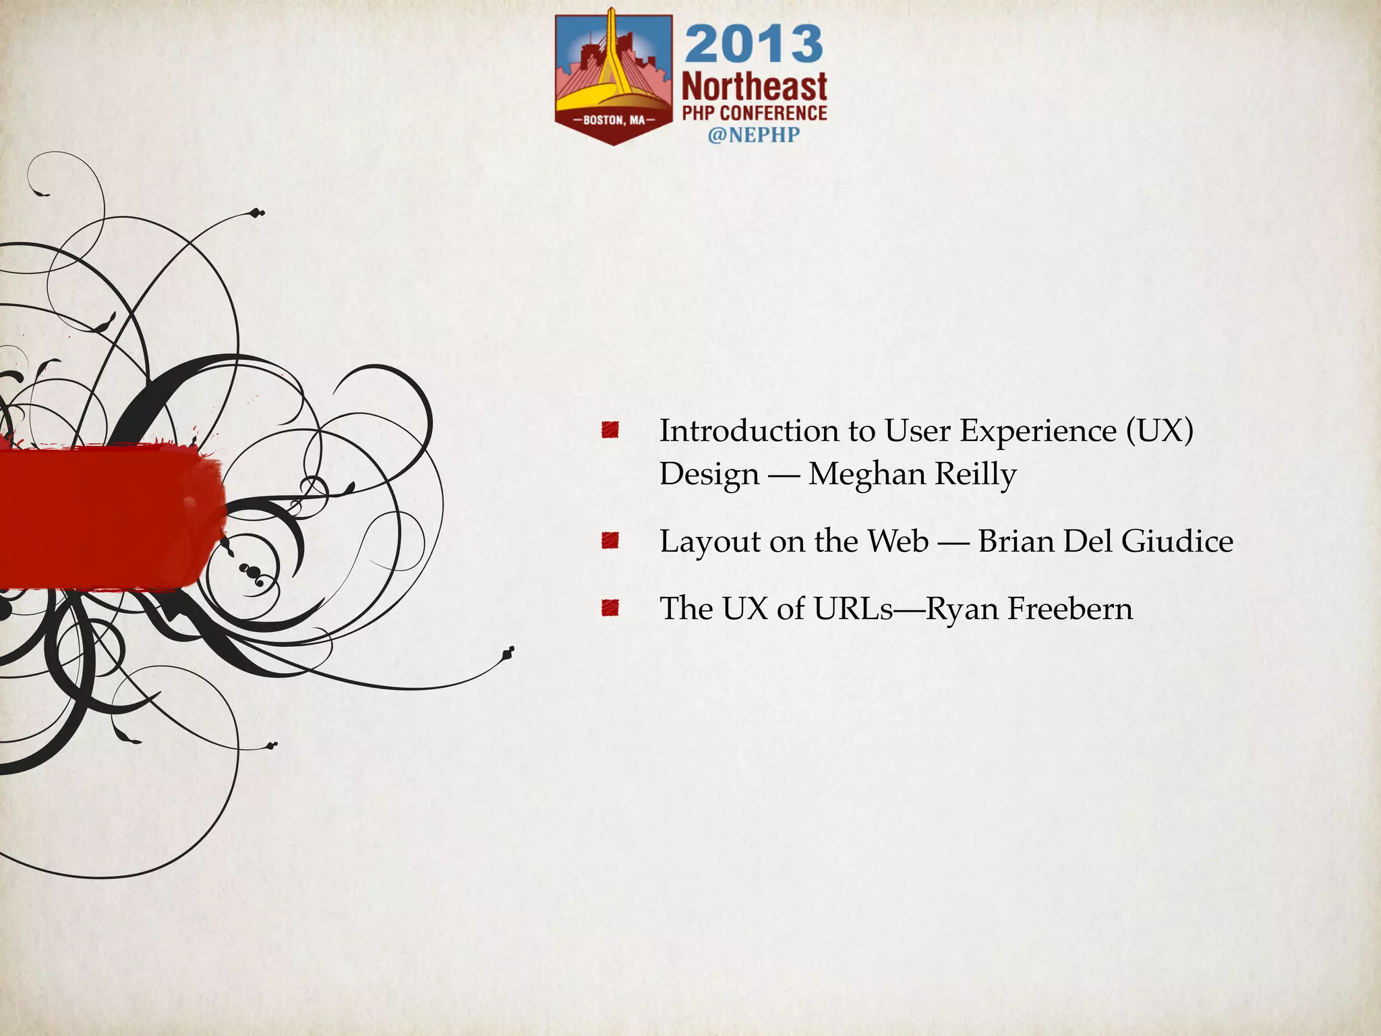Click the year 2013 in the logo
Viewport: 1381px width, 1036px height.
pyautogui.click(x=754, y=44)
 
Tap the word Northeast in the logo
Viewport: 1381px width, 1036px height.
pyautogui.click(x=754, y=88)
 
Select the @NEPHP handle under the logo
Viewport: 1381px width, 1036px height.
pyautogui.click(x=753, y=135)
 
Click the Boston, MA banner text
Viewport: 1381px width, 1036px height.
pyautogui.click(x=614, y=120)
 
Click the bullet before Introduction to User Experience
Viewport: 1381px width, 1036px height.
pyautogui.click(x=610, y=430)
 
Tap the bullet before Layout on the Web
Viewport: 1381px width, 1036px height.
pyautogui.click(x=610, y=540)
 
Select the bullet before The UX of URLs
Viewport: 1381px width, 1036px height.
pyautogui.click(x=610, y=608)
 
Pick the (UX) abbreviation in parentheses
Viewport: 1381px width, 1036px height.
pyautogui.click(x=1159, y=431)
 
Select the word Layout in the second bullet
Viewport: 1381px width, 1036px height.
pyautogui.click(x=711, y=542)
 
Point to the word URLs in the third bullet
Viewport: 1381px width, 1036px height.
pyautogui.click(x=853, y=608)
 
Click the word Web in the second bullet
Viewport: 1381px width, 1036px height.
pyautogui.click(x=898, y=541)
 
